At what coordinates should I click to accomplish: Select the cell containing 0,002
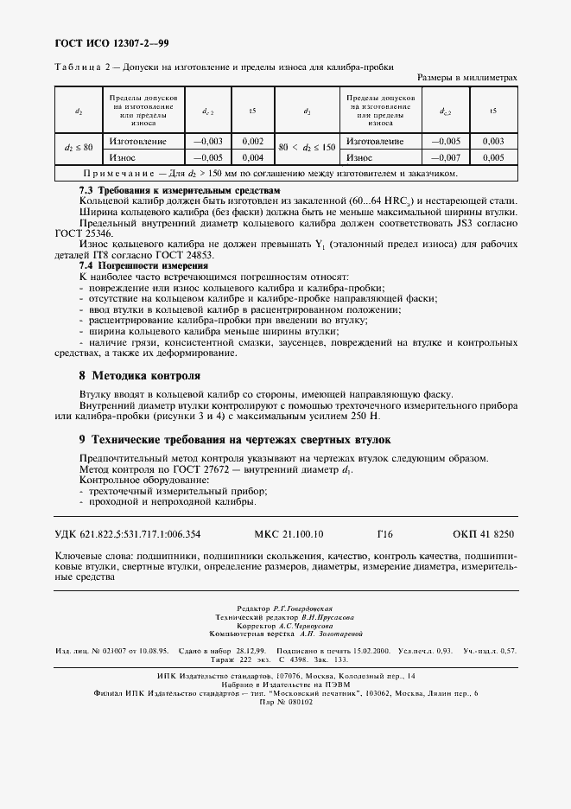pyautogui.click(x=252, y=141)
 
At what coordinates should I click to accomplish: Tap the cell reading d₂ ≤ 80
pyautogui.click(x=79, y=149)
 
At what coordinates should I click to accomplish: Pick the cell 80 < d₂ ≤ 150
pyautogui.click(x=308, y=149)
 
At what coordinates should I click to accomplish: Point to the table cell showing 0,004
pyautogui.click(x=252, y=157)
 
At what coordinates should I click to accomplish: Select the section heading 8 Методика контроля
pyautogui.click(x=139, y=376)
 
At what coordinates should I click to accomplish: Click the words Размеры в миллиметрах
pyautogui.click(x=466, y=78)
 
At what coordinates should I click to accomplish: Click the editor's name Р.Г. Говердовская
pyautogui.click(x=302, y=608)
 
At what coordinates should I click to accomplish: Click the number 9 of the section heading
pyautogui.click(x=82, y=438)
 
